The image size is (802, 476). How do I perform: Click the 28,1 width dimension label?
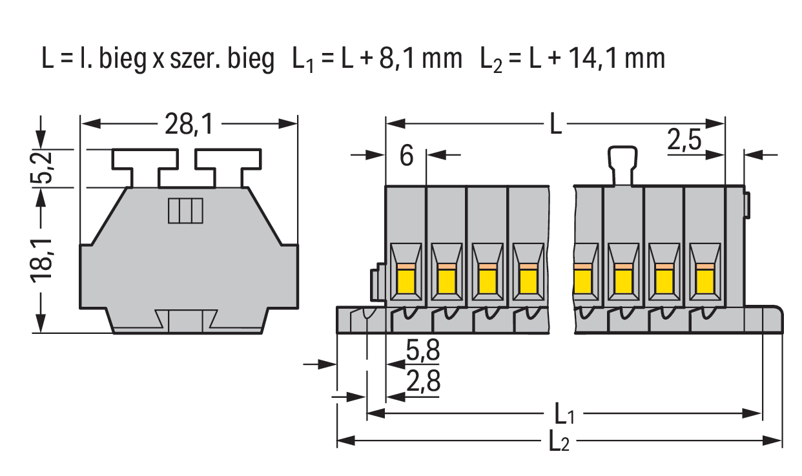pos(188,125)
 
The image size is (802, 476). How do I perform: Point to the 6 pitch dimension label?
pos(406,156)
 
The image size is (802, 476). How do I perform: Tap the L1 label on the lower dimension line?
pos(563,413)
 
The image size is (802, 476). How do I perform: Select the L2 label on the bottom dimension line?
pos(559,442)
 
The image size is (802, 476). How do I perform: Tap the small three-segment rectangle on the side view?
pos(185,211)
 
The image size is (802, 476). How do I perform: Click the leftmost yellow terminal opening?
pos(406,281)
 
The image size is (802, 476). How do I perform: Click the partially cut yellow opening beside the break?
pos(582,281)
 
